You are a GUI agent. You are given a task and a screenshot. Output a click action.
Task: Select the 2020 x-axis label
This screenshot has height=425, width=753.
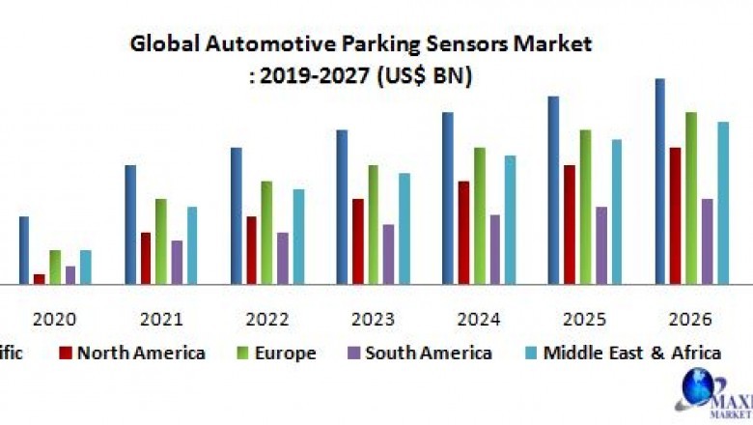54,319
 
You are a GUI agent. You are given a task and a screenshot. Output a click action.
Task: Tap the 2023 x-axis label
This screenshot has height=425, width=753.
372,319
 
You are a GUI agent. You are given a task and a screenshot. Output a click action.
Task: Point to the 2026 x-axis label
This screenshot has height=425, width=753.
689,319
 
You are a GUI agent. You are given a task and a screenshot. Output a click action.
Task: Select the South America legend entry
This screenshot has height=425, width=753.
417,353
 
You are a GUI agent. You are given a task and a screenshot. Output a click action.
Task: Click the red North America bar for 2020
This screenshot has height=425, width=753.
39,278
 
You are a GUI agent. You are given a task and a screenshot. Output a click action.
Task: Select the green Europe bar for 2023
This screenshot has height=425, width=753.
373,224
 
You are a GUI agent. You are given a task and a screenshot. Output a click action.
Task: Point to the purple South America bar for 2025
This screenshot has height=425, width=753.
601,245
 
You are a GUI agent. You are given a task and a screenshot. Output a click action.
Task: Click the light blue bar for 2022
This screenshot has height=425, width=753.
298,236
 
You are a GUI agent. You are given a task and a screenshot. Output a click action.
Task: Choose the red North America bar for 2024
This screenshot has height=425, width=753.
464,232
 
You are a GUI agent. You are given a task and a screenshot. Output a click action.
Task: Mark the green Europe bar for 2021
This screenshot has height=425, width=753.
161,241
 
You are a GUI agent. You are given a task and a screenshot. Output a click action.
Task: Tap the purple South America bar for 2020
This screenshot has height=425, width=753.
70,274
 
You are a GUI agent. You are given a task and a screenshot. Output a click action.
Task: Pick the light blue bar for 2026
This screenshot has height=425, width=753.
723,203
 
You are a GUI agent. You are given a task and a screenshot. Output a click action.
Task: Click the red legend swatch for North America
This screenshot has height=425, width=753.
66,353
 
